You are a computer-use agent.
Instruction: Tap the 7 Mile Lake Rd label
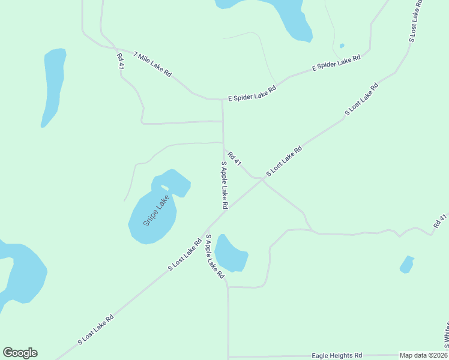tap(152, 65)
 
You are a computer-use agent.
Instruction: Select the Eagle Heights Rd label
tap(337, 355)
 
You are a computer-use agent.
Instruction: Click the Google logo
tap(20, 353)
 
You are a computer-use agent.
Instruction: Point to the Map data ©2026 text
tap(423, 355)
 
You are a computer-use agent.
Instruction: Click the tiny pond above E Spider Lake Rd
tap(342, 46)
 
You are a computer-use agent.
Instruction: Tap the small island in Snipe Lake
tap(164, 188)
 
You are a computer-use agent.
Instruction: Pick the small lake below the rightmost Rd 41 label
tap(407, 264)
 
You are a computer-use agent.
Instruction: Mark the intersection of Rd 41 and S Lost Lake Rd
tap(264, 178)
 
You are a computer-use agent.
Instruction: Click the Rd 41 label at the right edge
tap(440, 220)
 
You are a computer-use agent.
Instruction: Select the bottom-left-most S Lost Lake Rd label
tap(95, 330)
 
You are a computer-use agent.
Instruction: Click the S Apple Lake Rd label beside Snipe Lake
tap(224, 184)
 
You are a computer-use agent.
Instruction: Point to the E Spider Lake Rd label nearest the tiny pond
tap(336, 63)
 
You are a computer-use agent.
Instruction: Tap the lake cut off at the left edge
tap(21, 273)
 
